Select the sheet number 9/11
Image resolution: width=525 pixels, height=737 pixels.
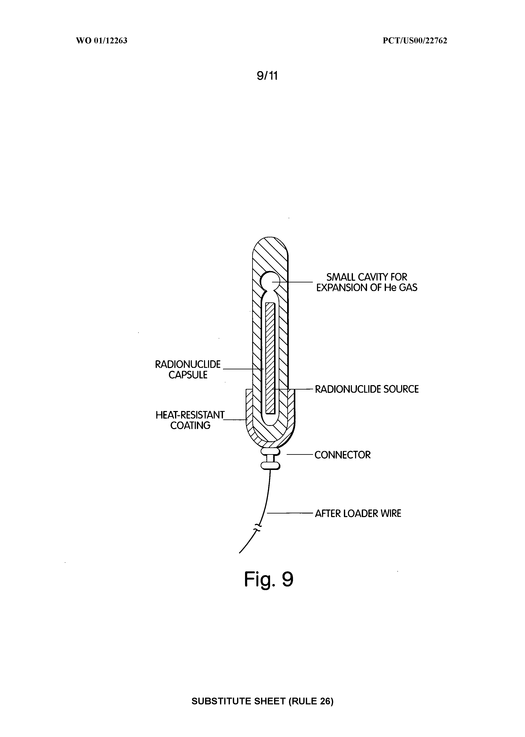coord(267,76)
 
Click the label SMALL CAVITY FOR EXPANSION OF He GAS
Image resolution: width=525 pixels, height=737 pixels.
coord(367,282)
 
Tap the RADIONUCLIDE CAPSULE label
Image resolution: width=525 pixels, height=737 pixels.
coord(188,370)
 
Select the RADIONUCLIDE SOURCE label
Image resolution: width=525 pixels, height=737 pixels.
coord(367,389)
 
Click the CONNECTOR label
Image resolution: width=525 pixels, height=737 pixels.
coord(343,455)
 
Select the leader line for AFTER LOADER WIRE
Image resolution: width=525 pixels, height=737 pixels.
coord(290,513)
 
